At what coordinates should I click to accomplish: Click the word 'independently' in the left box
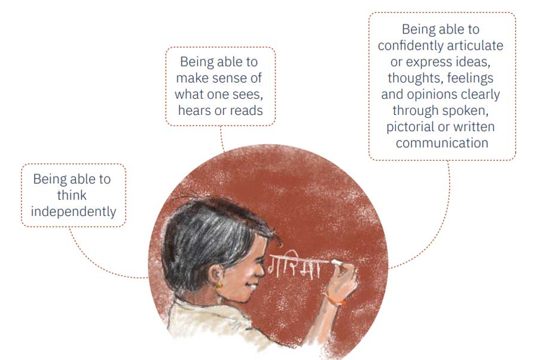pos(74,212)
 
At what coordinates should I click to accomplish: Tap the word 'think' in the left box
pos(72,195)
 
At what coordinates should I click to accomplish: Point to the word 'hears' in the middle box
pos(194,110)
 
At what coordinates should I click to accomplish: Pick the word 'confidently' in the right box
pos(410,45)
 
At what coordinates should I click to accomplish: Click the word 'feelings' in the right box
pos(470,78)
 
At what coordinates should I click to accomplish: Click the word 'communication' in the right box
pos(442,143)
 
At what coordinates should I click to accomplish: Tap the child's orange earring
pos(218,285)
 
